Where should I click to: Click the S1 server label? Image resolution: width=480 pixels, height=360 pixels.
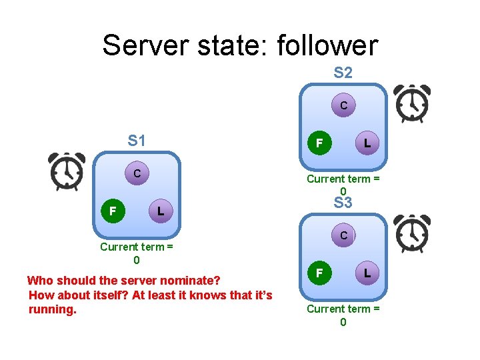[137, 141]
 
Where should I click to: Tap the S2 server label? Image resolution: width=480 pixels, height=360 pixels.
[343, 73]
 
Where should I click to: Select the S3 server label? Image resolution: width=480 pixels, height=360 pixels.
[343, 203]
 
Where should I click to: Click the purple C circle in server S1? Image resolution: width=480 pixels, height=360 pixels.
[136, 174]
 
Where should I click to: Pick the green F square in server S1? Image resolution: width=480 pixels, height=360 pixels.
[113, 211]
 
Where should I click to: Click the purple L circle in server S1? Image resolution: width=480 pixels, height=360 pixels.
[159, 211]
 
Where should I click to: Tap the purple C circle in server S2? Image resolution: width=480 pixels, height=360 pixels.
[343, 105]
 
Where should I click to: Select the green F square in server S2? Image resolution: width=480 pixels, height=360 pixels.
[319, 143]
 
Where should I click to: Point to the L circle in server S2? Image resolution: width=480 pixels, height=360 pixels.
[367, 143]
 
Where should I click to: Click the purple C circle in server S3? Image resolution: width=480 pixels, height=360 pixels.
[343, 235]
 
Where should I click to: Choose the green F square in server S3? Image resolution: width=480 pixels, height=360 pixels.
[319, 273]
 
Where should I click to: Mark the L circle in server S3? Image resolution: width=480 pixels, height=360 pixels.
[367, 273]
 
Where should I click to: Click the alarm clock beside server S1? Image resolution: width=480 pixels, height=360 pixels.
[67, 171]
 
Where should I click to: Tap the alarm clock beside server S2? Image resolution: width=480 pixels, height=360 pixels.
[411, 104]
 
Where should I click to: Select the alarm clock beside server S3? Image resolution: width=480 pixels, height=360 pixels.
[411, 234]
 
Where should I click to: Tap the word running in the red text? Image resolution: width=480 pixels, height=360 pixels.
[53, 309]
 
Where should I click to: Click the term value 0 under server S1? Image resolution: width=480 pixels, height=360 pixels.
[137, 260]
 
